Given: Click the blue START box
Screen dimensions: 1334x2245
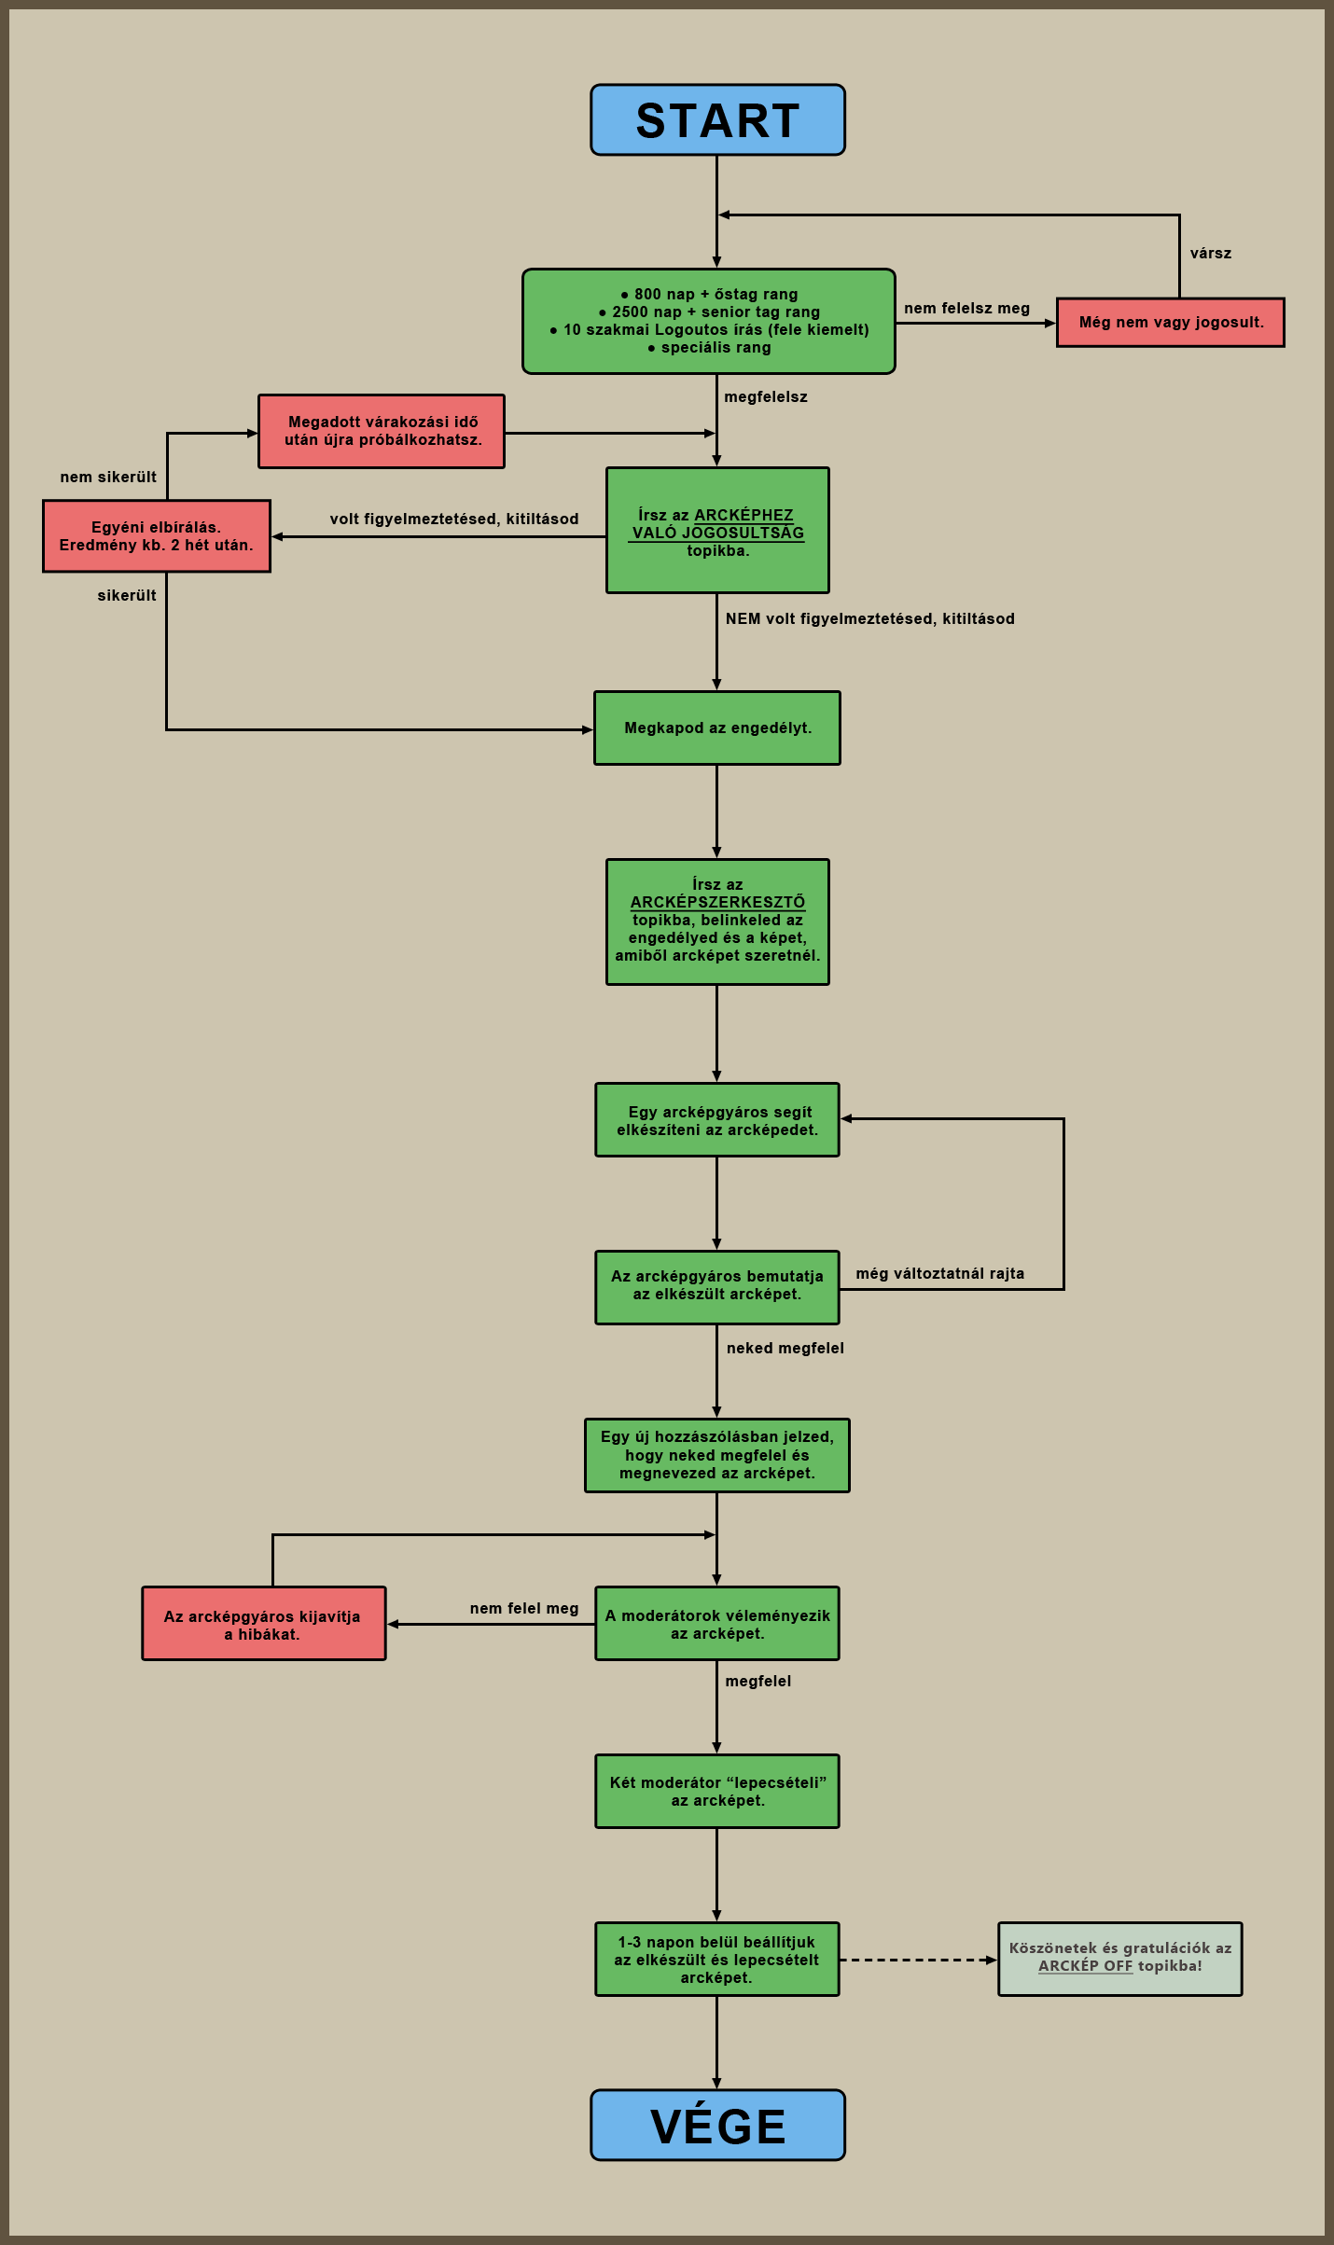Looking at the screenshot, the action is [x=717, y=120].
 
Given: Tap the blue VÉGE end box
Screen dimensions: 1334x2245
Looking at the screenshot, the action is [x=717, y=2125].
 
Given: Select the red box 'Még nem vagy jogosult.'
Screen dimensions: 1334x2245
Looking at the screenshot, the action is [x=1171, y=323].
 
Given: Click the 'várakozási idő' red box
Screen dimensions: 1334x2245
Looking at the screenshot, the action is [x=382, y=431].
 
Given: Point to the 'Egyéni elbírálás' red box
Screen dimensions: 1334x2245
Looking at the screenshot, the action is [x=157, y=536].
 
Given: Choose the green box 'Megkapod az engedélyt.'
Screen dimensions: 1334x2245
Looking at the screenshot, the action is [x=717, y=728].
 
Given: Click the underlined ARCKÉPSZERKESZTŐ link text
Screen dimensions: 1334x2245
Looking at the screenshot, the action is [x=717, y=902].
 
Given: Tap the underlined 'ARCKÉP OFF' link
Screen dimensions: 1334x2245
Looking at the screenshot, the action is [x=1085, y=1966].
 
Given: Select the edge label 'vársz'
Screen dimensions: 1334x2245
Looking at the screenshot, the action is [x=1211, y=254].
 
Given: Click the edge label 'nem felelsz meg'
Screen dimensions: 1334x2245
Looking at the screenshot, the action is [x=967, y=309].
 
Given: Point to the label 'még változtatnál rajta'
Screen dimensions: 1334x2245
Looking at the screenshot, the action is [x=940, y=1274].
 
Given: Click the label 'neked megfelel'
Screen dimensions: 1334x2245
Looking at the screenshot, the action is [x=785, y=1349].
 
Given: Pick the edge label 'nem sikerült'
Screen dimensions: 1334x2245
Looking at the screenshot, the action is [x=108, y=478].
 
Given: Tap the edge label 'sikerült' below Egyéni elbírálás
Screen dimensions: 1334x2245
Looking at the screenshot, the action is [x=127, y=596].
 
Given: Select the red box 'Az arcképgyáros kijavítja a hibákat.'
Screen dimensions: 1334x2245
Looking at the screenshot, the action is [x=264, y=1624].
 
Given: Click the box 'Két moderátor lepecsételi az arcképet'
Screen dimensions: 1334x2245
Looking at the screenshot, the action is [x=717, y=1792].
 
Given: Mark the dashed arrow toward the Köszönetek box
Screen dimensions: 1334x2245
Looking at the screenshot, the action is [x=919, y=1960].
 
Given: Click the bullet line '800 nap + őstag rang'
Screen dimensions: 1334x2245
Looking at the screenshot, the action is [x=709, y=295].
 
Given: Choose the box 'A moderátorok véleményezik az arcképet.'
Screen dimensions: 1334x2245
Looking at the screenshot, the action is [x=717, y=1624].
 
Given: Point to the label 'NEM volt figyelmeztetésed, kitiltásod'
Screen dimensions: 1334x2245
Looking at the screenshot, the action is [x=870, y=619].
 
